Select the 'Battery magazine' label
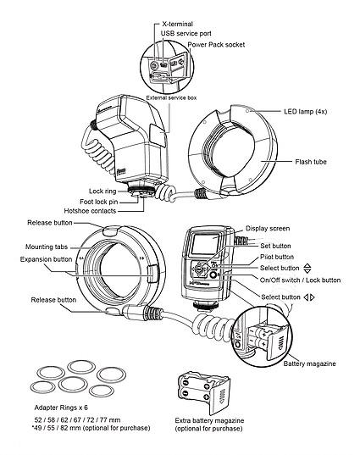(x=311, y=363)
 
